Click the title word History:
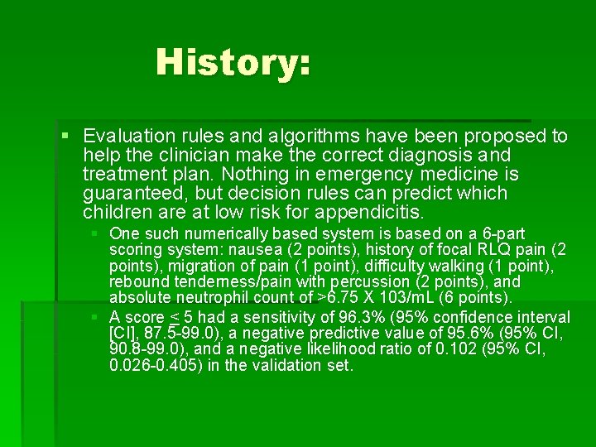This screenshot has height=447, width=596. point(233,62)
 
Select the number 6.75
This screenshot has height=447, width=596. point(347,297)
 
